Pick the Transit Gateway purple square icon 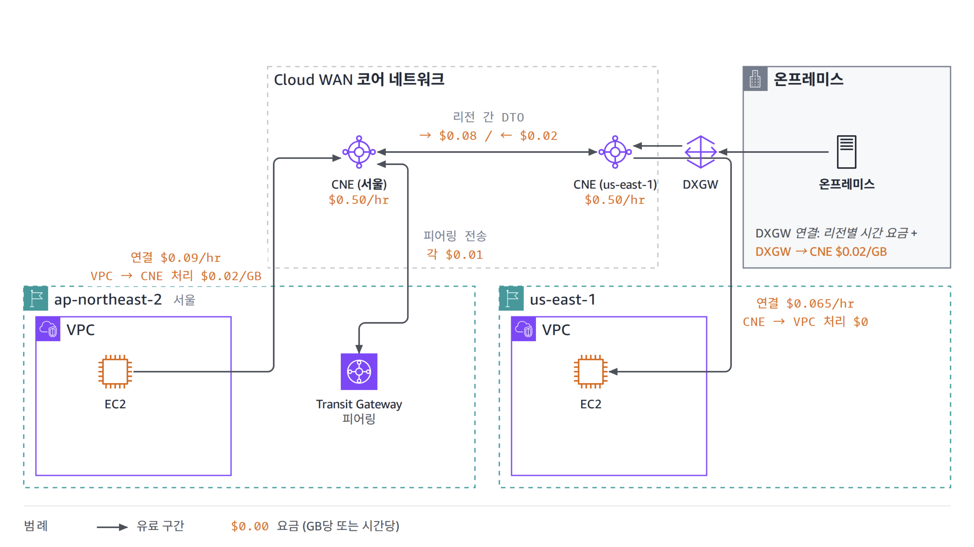pos(359,371)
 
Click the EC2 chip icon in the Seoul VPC pos(115,371)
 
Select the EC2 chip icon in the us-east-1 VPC pos(591,371)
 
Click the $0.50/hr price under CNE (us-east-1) pos(614,200)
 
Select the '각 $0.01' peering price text pos(454,254)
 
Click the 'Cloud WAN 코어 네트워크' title pos(359,79)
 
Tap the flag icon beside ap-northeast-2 pos(36,298)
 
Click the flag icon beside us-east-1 pos(511,298)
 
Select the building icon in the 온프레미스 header pos(755,79)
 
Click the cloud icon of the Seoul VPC pos(48,329)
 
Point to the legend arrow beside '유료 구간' pos(112,527)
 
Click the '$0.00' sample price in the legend pos(250,526)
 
